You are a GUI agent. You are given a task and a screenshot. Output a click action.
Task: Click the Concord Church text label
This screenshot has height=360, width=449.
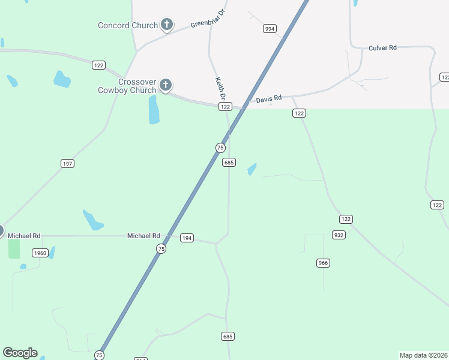point(128,25)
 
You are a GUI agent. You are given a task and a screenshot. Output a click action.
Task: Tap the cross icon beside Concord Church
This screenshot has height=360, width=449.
point(167,25)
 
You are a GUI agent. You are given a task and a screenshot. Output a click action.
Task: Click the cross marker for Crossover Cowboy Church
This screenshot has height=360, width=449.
point(166,85)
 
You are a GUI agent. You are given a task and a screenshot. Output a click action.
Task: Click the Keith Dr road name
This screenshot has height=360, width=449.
point(220,88)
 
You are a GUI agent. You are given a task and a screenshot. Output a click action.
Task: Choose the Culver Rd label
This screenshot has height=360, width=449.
point(382,47)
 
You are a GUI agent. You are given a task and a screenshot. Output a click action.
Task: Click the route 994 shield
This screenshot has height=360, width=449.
point(270,28)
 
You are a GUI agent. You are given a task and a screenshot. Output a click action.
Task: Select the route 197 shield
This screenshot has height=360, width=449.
point(67,163)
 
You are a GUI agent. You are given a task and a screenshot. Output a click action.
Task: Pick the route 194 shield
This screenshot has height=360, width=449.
point(187,238)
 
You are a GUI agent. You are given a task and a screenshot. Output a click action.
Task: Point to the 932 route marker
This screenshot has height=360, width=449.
point(339,235)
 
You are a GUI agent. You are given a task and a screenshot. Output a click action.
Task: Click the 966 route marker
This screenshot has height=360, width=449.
point(324,263)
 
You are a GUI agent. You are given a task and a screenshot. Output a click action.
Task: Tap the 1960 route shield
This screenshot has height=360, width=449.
point(40,253)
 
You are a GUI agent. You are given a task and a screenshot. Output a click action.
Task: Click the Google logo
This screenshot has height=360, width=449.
point(20,353)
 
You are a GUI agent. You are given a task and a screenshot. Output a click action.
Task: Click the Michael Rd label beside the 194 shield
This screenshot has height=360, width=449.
point(143,236)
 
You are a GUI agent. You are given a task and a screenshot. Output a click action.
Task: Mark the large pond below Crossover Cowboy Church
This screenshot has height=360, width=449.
point(154,109)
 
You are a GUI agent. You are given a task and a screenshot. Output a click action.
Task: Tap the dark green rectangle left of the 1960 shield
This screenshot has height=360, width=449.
point(14,248)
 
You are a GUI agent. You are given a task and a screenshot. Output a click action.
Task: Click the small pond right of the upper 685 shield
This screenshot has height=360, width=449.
point(252,170)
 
